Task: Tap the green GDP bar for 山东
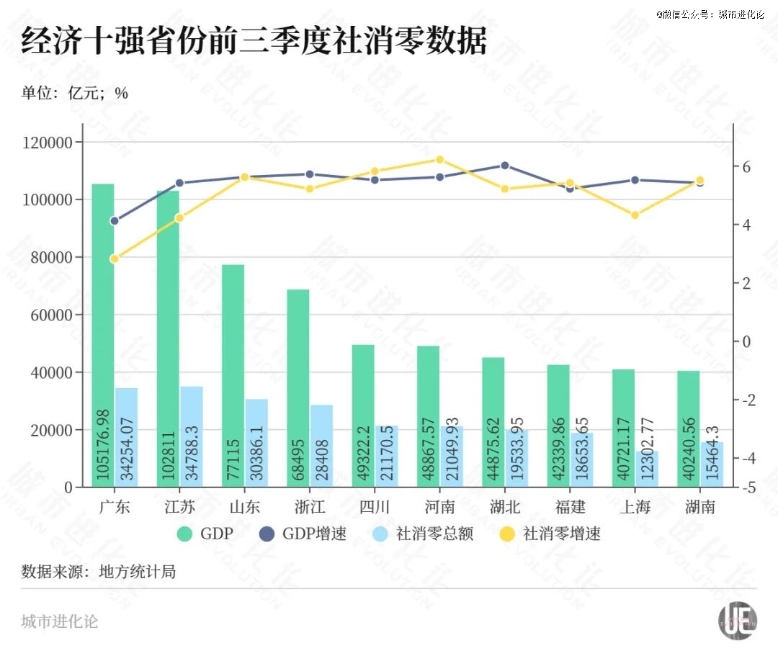click(233, 374)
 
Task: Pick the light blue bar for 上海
click(647, 468)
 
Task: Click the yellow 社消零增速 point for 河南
click(440, 160)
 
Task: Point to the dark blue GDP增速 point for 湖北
click(505, 166)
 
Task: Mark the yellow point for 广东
click(114, 258)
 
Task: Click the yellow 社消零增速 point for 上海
click(635, 215)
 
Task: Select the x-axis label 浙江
click(310, 507)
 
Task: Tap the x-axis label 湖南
click(699, 507)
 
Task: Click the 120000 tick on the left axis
click(48, 143)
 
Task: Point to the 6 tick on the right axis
click(746, 167)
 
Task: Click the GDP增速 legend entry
click(305, 534)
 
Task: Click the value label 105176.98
click(103, 445)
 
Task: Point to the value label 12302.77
click(647, 454)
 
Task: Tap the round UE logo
click(738, 619)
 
